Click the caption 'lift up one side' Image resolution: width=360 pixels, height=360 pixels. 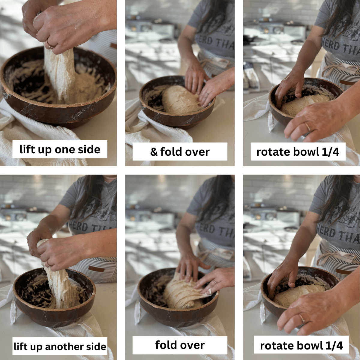[60, 149]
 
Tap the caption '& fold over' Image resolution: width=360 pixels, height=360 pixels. [180, 152]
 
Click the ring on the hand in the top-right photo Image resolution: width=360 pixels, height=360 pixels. [308, 127]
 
